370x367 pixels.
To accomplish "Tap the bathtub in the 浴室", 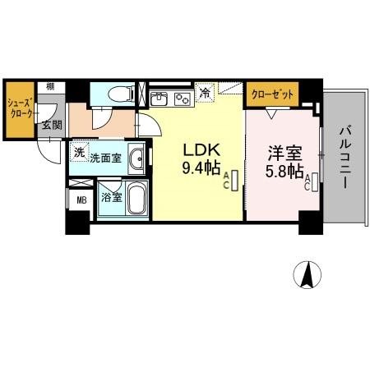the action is coord(136,198).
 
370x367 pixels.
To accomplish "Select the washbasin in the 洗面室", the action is coord(136,158).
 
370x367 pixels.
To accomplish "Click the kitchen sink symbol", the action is coord(159,99).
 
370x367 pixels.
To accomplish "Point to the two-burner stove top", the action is coord(183,99).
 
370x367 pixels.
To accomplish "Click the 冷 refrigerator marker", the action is coord(204,93).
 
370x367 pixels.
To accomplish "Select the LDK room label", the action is coord(202,150).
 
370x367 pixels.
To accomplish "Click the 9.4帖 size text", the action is coord(201,167).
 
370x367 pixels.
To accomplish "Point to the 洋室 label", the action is coord(285,154).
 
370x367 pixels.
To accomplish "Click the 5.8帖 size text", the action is coord(284,171).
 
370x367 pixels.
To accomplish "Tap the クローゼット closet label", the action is coord(272,94).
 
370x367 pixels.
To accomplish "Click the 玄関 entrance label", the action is coord(52,125).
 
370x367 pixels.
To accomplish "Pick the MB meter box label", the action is coord(81,200).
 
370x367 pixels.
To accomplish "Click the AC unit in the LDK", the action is coord(235,181).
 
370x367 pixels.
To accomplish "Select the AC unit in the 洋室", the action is coord(315,182).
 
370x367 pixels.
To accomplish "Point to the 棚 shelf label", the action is coord(50,87).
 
